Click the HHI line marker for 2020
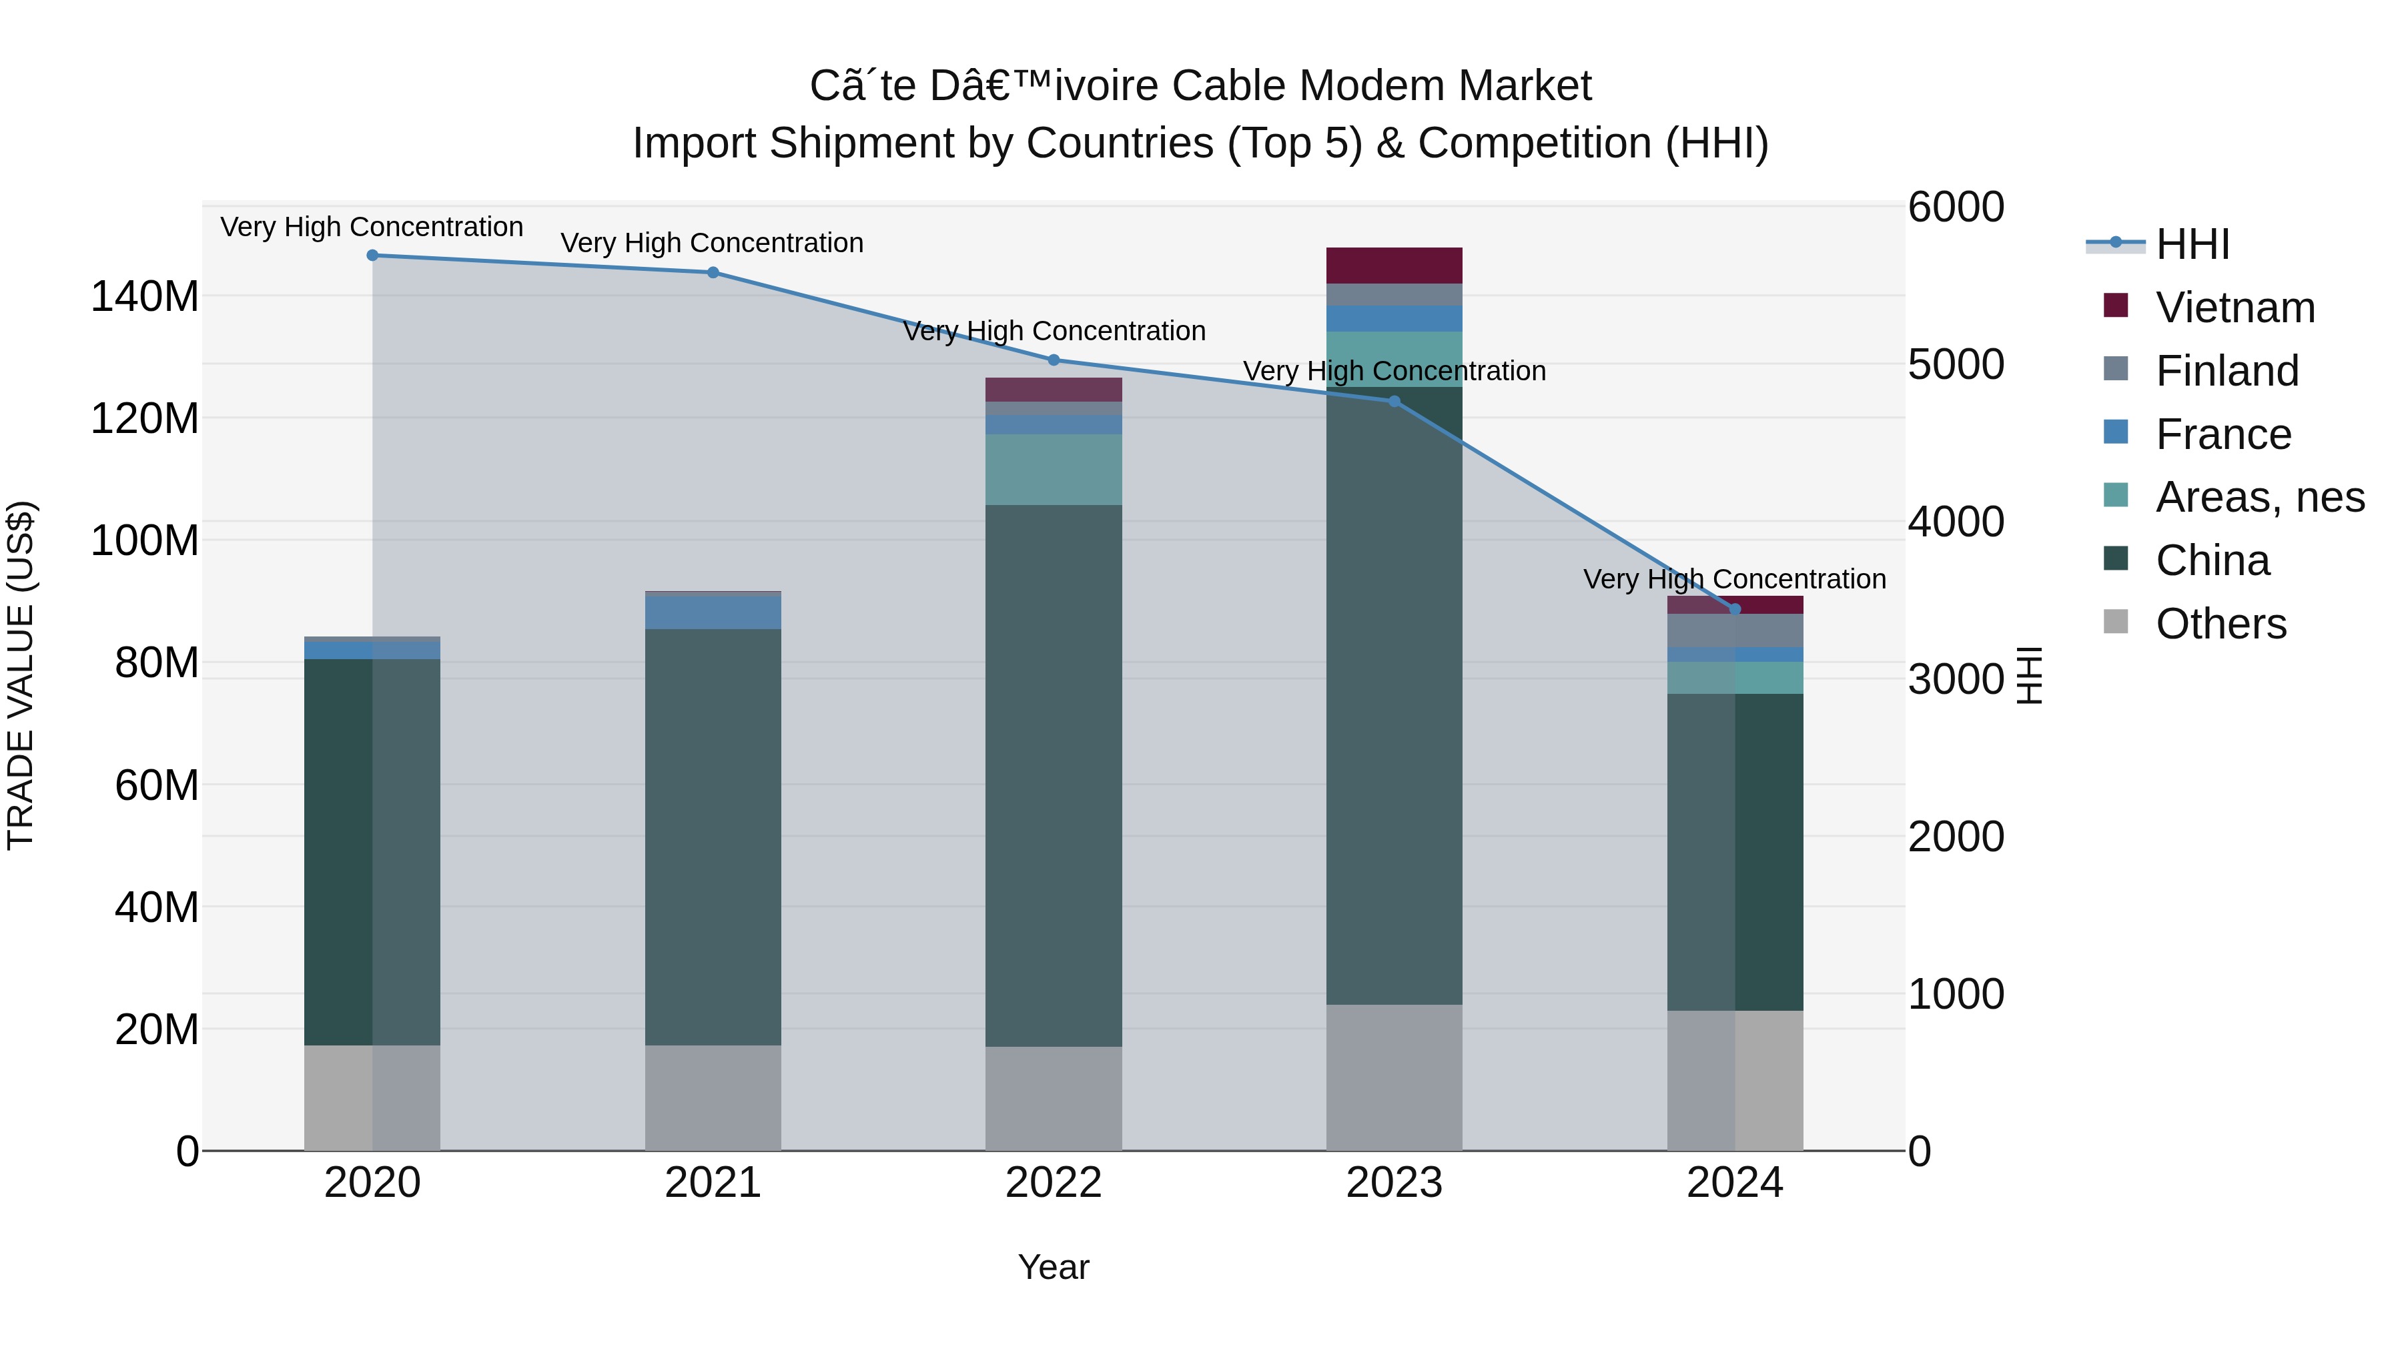372,256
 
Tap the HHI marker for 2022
1054,360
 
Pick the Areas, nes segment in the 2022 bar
1054,470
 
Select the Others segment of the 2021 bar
713,1097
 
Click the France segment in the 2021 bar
713,612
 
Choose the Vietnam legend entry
2235,308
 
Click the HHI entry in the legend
2192,244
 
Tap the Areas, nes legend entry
2259,497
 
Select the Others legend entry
2220,624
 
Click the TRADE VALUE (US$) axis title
21,675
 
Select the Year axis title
1054,1267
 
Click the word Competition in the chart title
1534,143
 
